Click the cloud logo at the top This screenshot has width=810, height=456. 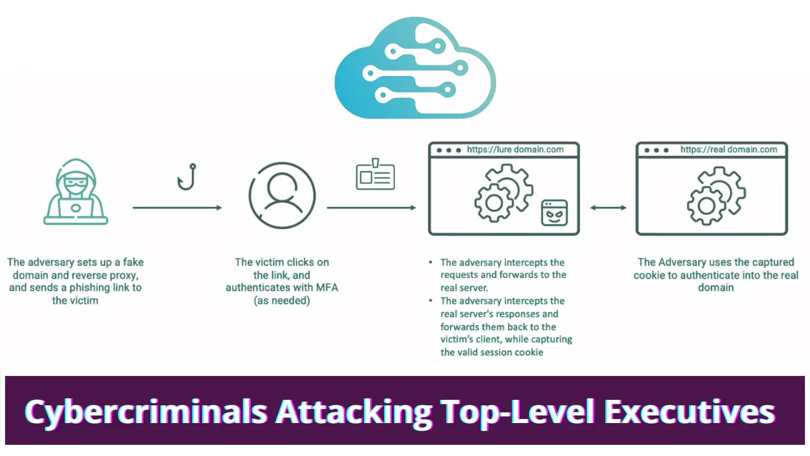pos(415,68)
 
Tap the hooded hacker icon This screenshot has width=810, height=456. pos(75,192)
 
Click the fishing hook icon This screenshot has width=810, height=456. pos(187,177)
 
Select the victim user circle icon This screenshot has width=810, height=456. pos(281,196)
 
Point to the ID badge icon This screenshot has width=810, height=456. pos(375,174)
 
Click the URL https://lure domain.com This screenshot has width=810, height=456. pos(515,149)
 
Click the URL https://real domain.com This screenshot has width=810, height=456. pos(728,149)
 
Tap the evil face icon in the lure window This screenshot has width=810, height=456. pos(554,213)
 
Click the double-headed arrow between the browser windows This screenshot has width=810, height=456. pos(608,208)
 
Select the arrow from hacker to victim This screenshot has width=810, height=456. pos(177,208)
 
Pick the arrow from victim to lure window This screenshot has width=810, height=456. pos(372,208)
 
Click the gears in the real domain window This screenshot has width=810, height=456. pos(716,196)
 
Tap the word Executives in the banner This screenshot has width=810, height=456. pos(690,411)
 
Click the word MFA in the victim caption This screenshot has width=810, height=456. pos(327,288)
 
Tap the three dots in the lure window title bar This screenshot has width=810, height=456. pos(449,150)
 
